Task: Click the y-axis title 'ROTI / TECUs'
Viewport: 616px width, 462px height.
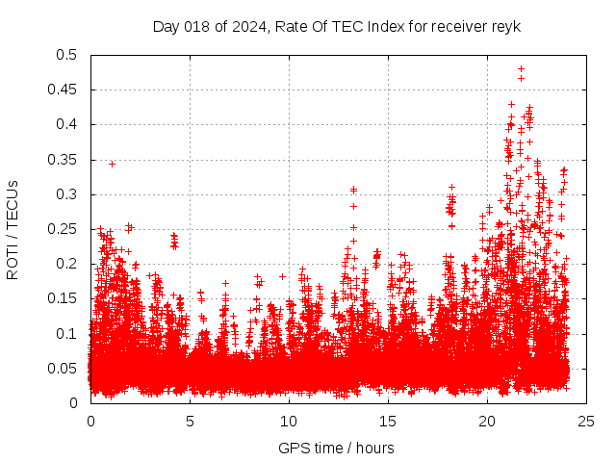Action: pyautogui.click(x=13, y=229)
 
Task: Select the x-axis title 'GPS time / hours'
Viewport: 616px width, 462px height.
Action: pyautogui.click(x=336, y=448)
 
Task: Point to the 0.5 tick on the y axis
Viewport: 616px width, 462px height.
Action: pyautogui.click(x=70, y=55)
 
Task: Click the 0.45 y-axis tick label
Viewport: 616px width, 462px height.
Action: pyautogui.click(x=66, y=90)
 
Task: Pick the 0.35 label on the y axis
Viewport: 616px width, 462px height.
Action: pyautogui.click(x=66, y=160)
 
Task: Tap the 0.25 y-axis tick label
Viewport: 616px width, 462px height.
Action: pyautogui.click(x=66, y=229)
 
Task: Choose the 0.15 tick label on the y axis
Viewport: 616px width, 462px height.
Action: pyautogui.click(x=66, y=298)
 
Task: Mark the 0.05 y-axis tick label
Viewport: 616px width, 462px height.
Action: pyautogui.click(x=66, y=369)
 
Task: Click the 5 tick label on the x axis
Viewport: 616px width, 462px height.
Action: pyautogui.click(x=190, y=421)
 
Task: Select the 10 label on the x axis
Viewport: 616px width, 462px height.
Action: pyautogui.click(x=289, y=421)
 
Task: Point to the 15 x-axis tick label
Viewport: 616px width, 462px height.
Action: pyautogui.click(x=388, y=421)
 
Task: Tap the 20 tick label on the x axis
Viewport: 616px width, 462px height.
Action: pyautogui.click(x=487, y=421)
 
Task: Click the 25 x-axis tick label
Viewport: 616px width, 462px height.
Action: pyautogui.click(x=586, y=421)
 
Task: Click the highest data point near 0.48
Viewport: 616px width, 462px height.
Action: pyautogui.click(x=521, y=68)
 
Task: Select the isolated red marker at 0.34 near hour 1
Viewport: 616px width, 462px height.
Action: pyautogui.click(x=112, y=164)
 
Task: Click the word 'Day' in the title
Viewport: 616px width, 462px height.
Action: pyautogui.click(x=166, y=26)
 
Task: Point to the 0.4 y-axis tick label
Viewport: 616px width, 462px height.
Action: pyautogui.click(x=70, y=124)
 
